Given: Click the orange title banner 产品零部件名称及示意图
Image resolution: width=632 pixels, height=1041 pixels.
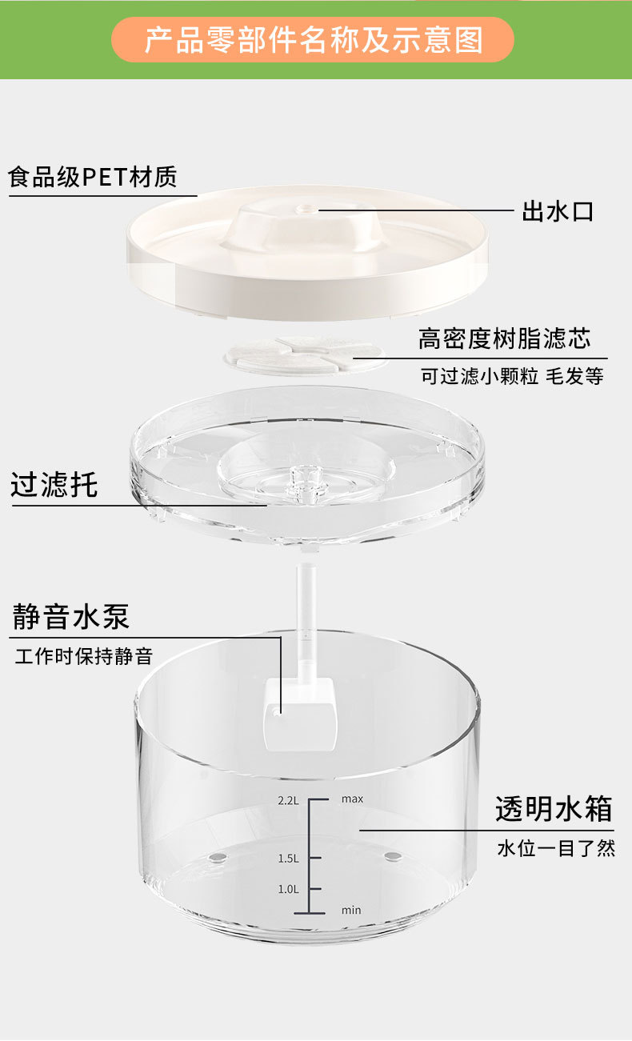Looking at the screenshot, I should tap(313, 39).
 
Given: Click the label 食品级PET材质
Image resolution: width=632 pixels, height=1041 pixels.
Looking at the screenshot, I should tap(93, 177).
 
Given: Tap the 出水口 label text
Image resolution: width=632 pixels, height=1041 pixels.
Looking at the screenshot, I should tap(558, 212).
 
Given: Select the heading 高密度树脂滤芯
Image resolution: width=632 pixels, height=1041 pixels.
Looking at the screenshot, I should tap(504, 338).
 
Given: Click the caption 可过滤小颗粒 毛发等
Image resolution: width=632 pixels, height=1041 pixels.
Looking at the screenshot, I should tap(512, 376).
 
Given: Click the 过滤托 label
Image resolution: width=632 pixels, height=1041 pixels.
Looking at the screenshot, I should tap(54, 485).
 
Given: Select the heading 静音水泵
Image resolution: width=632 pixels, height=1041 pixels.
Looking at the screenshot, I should tap(70, 617).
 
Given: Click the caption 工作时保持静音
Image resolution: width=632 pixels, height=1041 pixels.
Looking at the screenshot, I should tap(83, 657).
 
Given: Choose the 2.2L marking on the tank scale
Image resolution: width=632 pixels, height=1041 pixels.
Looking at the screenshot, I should tap(288, 799).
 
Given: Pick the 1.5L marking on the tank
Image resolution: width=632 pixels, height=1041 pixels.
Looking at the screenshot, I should tap(288, 859).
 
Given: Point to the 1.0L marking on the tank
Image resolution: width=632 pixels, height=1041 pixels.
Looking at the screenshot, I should tap(288, 889).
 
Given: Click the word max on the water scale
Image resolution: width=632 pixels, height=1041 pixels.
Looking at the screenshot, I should tap(352, 799).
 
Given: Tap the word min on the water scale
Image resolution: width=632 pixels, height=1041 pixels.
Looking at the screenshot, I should tap(351, 911).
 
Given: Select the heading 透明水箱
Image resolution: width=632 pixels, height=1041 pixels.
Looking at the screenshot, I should tap(554, 809).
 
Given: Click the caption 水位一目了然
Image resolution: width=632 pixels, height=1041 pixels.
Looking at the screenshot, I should tap(556, 848).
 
